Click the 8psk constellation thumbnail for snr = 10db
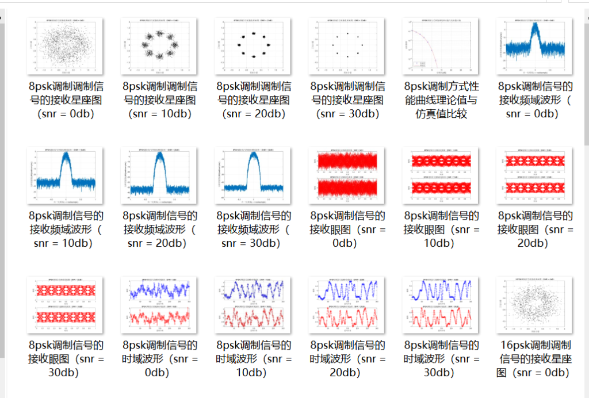click(x=159, y=46)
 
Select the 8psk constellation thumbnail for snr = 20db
click(x=253, y=46)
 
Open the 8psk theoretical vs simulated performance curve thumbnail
click(x=440, y=46)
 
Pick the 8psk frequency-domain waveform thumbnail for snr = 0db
click(x=535, y=46)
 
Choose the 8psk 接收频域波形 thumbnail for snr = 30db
click(x=253, y=175)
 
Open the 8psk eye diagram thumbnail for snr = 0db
click(x=346, y=175)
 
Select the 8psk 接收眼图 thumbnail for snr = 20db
click(x=535, y=175)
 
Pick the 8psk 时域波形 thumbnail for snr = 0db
click(x=159, y=305)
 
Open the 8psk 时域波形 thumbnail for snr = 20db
click(x=346, y=305)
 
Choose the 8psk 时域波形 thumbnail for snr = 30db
click(x=440, y=305)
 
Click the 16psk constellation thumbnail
click(x=535, y=305)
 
